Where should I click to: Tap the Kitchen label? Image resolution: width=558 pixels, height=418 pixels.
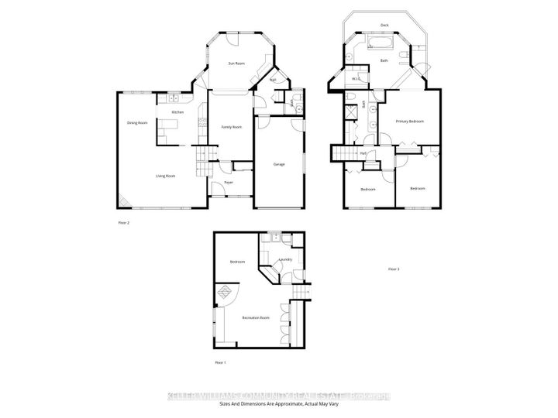177,112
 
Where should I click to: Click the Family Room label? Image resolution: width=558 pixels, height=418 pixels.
231,127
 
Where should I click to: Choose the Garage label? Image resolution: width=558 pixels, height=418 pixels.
280,164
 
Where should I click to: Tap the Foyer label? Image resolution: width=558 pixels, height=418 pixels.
229,183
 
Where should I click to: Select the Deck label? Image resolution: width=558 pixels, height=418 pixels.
384,24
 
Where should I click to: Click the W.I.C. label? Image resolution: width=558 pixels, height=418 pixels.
356,79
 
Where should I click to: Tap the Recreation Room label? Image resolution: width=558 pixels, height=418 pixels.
255,318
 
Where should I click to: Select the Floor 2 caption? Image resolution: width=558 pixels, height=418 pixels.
123,222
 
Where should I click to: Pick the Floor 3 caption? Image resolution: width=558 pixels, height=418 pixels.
393,269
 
